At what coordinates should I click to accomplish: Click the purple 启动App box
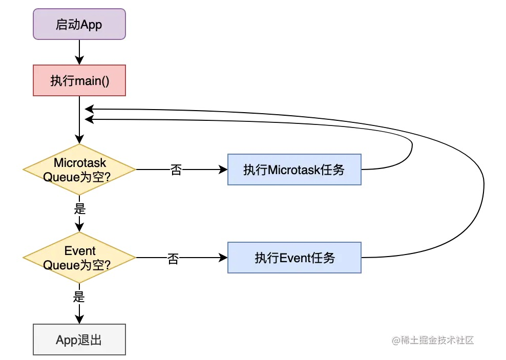click(x=79, y=24)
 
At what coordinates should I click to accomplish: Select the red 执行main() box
click(x=79, y=80)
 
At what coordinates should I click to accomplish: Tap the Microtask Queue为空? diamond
click(x=79, y=170)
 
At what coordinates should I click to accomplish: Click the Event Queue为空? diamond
click(x=79, y=258)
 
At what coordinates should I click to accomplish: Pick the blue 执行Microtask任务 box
click(x=294, y=170)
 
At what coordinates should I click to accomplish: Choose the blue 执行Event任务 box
click(x=294, y=258)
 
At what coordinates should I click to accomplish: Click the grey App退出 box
click(x=79, y=340)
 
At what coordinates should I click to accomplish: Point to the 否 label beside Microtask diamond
click(x=176, y=170)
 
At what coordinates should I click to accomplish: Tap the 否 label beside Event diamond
click(x=173, y=259)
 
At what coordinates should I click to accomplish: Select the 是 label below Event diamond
click(x=79, y=297)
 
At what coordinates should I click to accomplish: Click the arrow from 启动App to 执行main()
click(x=79, y=52)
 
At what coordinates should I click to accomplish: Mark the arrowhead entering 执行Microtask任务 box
click(x=223, y=170)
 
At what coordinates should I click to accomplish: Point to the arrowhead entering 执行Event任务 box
click(x=223, y=258)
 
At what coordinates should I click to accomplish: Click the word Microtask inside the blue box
click(x=290, y=170)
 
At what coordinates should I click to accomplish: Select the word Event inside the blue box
click(x=296, y=258)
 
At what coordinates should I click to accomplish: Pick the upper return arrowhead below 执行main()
click(x=89, y=109)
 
